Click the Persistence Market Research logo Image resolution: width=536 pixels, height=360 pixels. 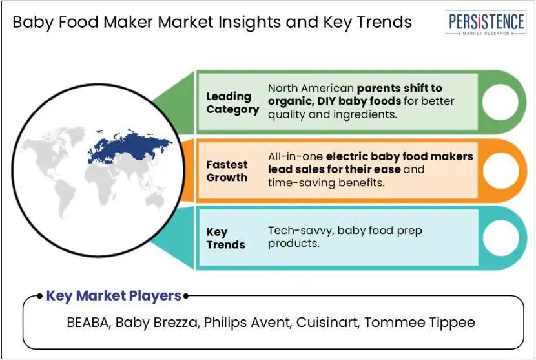tap(486, 22)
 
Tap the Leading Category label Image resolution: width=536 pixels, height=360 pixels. tap(232, 103)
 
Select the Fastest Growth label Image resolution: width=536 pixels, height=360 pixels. tap(227, 171)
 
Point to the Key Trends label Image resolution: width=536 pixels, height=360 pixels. tap(225, 238)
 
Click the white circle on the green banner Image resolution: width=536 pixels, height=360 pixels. tap(500, 102)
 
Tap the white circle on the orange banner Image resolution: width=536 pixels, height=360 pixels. tap(500, 171)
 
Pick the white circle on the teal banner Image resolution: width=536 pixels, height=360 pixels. tap(500, 238)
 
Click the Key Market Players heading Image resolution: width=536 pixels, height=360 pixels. tap(114, 295)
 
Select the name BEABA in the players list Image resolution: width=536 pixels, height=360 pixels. tap(88, 323)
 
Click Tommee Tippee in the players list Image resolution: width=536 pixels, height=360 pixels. tap(419, 323)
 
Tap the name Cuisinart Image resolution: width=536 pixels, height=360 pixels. tap(327, 323)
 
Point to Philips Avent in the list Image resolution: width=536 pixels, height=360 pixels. tap(247, 323)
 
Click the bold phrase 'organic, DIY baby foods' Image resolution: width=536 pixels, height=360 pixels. tap(335, 101)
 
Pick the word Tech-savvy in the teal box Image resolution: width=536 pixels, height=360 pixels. tap(300, 231)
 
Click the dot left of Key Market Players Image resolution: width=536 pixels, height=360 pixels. tap(40, 295)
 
